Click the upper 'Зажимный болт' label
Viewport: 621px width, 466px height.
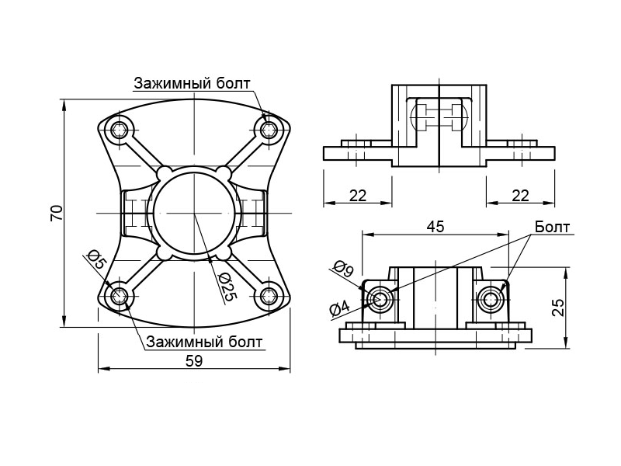coord(193,83)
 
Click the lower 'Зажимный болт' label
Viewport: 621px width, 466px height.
coord(204,342)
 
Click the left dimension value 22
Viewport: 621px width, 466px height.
coord(357,196)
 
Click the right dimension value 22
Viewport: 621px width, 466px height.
coord(520,196)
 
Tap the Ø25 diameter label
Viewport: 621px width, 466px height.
coord(227,287)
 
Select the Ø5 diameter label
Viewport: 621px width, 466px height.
coord(96,259)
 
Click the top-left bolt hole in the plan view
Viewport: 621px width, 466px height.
coord(120,130)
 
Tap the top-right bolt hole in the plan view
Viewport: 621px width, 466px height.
coord(269,129)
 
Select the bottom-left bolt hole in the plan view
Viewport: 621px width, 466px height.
coord(120,295)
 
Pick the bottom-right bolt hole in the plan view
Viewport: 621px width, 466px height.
coord(269,295)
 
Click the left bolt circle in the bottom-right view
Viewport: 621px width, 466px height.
coord(380,299)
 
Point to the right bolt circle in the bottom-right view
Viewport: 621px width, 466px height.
coord(490,299)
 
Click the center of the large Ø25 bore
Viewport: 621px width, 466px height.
coord(194,213)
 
